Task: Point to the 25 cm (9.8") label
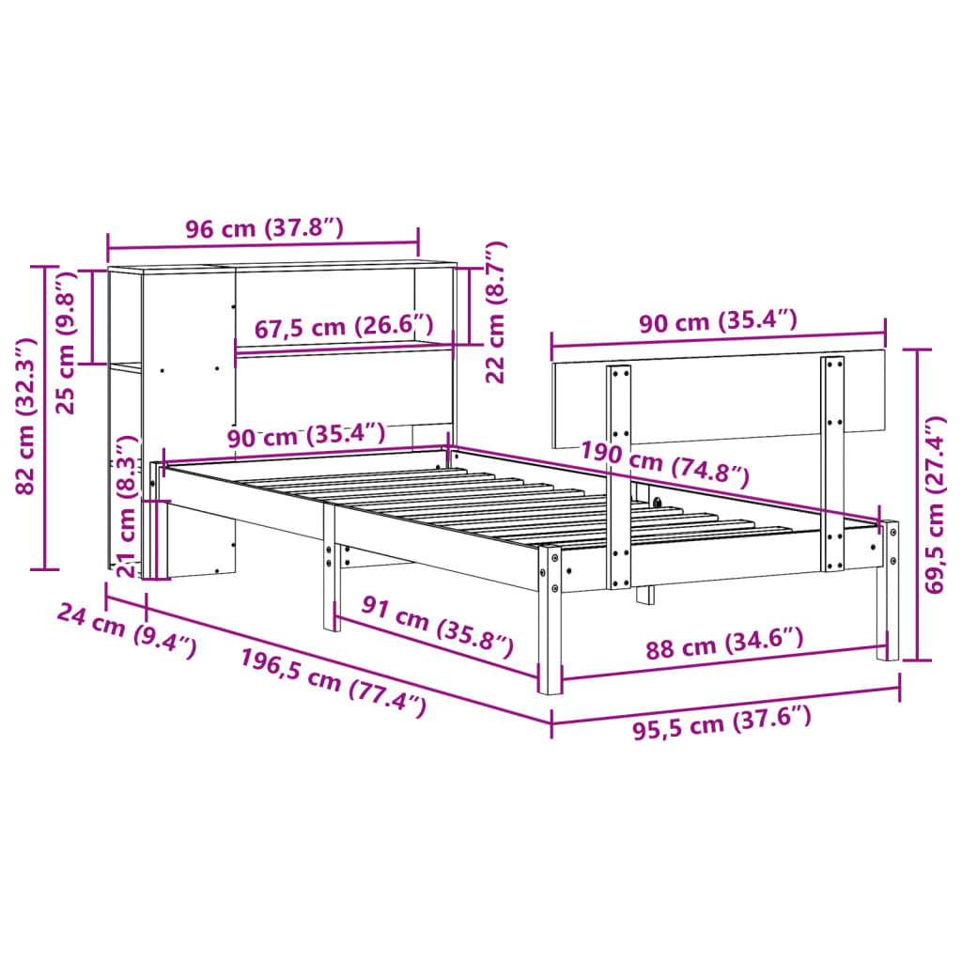click(65, 343)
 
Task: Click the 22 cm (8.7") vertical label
click(495, 313)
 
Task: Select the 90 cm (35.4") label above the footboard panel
click(718, 322)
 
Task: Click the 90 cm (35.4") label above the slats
click(305, 435)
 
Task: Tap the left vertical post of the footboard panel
click(619, 474)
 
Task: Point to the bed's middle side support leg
click(330, 573)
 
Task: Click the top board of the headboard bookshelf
click(282, 267)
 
